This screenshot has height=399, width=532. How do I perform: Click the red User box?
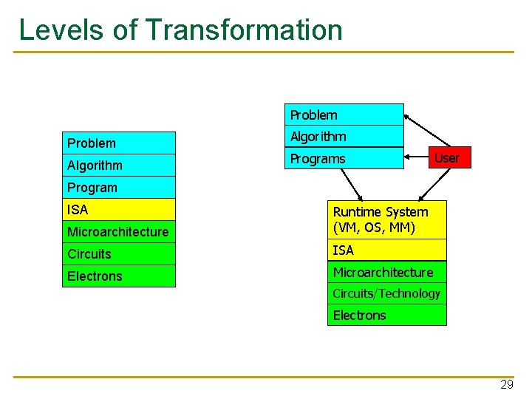coord(447,157)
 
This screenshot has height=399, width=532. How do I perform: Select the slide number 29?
coord(507,384)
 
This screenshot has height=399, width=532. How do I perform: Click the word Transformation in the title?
coord(245,30)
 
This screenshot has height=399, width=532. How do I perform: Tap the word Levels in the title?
coord(61,30)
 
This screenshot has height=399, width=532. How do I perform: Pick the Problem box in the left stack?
coord(119,143)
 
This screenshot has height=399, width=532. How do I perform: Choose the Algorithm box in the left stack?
coord(119,165)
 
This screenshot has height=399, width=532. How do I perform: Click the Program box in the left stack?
coord(119,187)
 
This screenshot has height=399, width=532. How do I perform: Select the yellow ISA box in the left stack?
coord(119,209)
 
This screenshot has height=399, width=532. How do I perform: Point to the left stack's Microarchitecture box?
coord(119,231)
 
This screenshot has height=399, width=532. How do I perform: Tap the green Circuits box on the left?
coord(119,253)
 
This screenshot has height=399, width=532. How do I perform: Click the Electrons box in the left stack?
coord(119,276)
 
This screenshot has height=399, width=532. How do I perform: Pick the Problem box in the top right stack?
coord(344,115)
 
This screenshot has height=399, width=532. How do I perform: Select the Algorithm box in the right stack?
coord(344,137)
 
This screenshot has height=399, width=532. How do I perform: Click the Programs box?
coord(344,158)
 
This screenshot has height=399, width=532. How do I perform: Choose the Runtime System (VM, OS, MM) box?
coord(387,219)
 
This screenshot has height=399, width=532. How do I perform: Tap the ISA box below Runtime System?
coord(387,250)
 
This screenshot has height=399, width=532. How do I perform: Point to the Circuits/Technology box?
coord(387,293)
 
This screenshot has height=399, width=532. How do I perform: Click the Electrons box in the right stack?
coord(387,315)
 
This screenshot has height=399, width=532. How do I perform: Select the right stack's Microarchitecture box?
coord(387,272)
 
